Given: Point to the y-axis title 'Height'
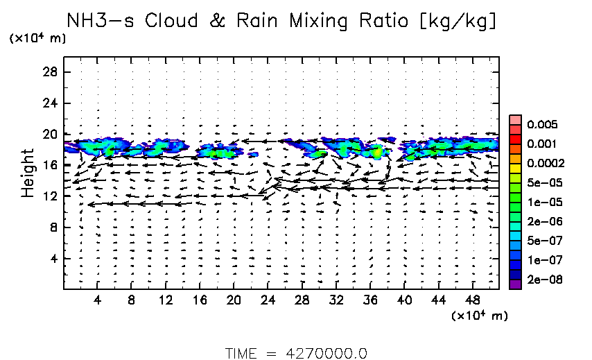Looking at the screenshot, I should [x=28, y=173].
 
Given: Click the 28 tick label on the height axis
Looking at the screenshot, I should [x=49, y=72].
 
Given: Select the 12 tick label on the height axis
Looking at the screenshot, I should [x=49, y=196].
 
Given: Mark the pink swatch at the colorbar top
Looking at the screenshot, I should [x=515, y=119].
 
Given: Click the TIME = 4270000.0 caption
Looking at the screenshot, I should [x=296, y=353].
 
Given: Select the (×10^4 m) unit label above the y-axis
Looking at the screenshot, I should [x=37, y=39].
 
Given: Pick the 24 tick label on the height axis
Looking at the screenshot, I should [x=49, y=103].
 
